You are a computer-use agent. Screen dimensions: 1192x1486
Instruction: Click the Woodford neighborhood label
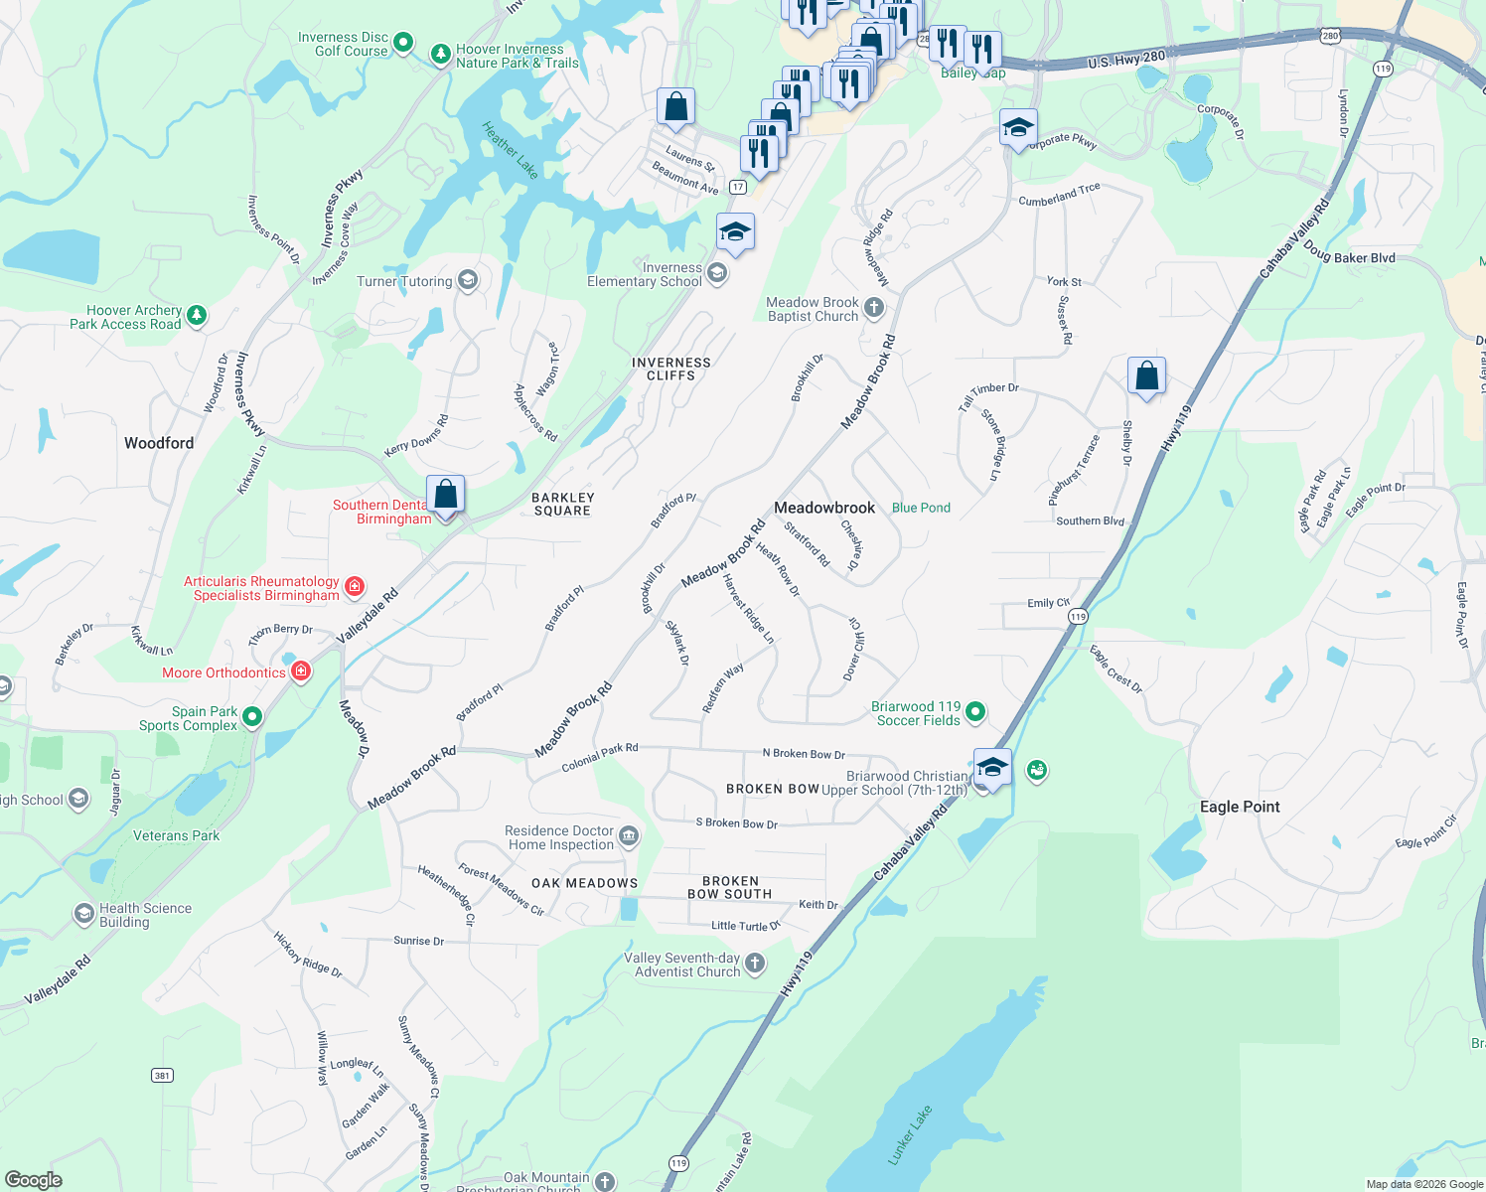(x=159, y=443)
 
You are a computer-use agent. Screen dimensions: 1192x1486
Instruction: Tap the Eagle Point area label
(x=1240, y=807)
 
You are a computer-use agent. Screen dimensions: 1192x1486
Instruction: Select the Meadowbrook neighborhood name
(x=824, y=508)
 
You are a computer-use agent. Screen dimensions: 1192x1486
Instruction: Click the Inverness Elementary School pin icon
(x=717, y=273)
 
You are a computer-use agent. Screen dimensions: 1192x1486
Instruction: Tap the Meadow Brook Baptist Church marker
(x=874, y=308)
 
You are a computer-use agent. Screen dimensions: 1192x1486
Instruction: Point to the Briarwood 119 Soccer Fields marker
(x=975, y=711)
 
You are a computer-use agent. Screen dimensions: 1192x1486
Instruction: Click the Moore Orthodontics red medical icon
(x=301, y=671)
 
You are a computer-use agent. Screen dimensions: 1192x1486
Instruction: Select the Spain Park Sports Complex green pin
(x=252, y=716)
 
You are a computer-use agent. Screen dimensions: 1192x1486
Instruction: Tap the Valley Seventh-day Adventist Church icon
(x=755, y=963)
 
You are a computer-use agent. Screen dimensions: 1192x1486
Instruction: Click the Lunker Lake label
(x=910, y=1134)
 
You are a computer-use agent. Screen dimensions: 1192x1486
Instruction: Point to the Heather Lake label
(x=511, y=150)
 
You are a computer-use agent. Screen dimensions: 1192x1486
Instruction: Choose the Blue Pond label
(x=921, y=508)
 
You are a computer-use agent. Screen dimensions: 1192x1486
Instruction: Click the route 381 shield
(x=162, y=1075)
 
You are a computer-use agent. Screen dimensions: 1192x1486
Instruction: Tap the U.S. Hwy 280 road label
(x=1125, y=60)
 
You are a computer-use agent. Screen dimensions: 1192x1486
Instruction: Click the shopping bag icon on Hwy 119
(x=1146, y=376)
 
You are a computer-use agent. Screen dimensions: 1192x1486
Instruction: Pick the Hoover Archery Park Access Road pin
(x=197, y=316)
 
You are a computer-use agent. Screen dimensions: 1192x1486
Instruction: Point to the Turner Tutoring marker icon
(x=468, y=280)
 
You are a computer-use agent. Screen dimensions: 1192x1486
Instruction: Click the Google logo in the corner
(x=34, y=1180)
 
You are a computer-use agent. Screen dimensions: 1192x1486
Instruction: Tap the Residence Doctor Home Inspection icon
(x=629, y=836)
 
